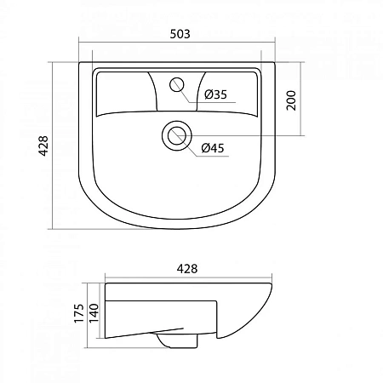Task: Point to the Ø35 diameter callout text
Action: (x=215, y=94)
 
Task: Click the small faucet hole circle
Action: (x=178, y=83)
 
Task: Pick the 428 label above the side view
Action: (x=186, y=269)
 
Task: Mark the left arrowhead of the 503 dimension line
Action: (x=82, y=45)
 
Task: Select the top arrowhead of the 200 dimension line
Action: (x=302, y=65)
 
